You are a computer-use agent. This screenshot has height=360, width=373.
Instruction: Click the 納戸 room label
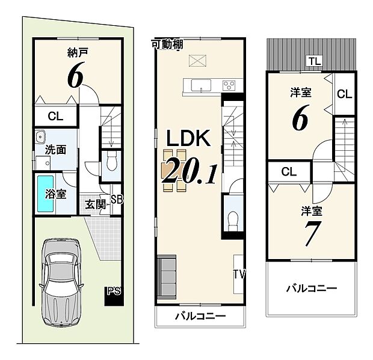[74, 52]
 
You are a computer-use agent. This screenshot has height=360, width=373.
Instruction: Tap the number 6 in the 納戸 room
[75, 77]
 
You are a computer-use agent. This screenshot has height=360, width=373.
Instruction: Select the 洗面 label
[55, 149]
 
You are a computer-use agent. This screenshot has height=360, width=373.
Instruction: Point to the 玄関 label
[94, 203]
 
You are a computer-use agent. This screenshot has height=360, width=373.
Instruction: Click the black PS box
[113, 294]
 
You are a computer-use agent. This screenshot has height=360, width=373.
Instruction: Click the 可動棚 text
[167, 44]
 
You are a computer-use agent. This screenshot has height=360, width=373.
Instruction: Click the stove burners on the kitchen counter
[229, 85]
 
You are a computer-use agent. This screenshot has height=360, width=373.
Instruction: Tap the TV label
[239, 275]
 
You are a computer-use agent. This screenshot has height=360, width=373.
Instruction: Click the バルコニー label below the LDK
[200, 316]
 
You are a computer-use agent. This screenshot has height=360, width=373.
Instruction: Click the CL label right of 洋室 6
[344, 94]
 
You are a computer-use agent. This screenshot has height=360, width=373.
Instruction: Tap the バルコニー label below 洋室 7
[311, 288]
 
